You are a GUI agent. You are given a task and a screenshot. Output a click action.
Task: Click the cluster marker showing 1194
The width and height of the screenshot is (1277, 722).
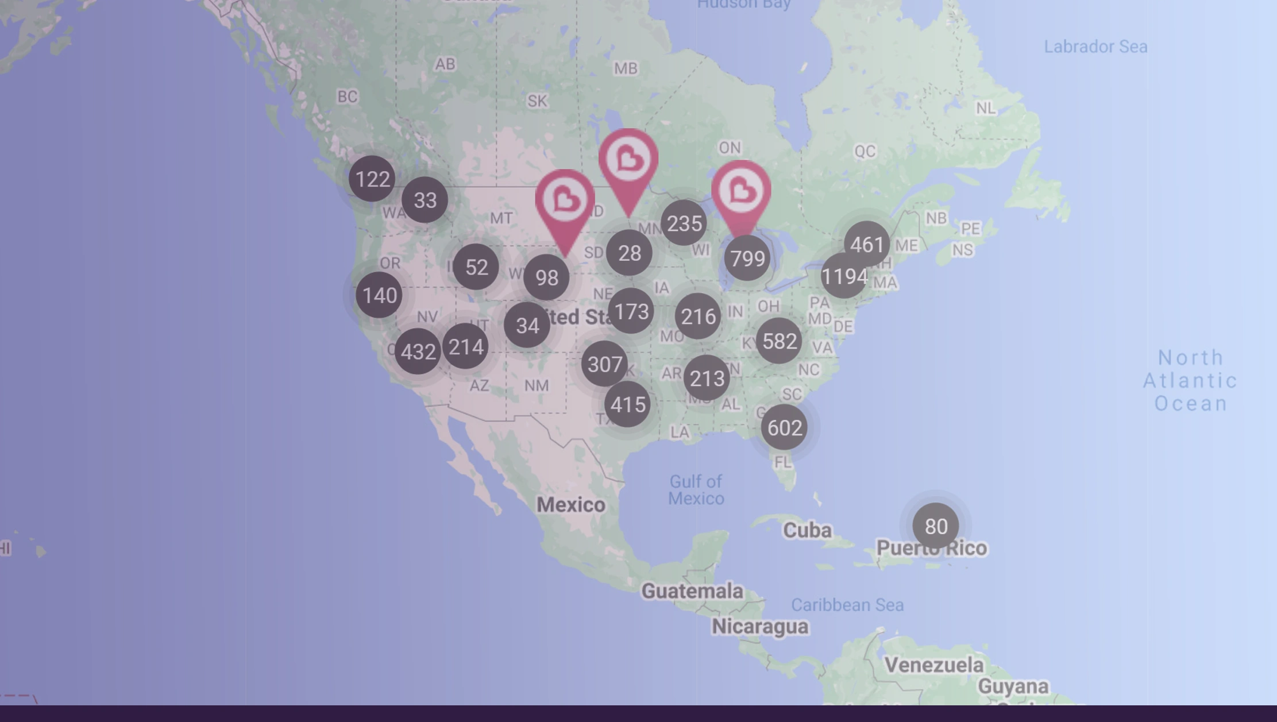844,277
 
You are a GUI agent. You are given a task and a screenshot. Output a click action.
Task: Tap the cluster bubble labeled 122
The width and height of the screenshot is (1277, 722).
372,179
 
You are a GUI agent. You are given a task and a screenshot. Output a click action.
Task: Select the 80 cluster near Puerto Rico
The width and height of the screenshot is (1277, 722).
935,526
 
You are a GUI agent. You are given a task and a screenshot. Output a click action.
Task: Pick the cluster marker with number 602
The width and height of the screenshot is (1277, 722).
784,428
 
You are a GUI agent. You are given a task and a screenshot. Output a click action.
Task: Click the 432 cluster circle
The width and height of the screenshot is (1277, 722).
418,352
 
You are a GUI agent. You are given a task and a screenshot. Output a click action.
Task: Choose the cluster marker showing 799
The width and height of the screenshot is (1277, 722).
747,258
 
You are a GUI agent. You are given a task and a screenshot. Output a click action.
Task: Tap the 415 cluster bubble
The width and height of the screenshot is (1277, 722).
627,404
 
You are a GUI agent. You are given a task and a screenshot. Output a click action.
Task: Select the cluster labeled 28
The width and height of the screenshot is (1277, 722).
629,253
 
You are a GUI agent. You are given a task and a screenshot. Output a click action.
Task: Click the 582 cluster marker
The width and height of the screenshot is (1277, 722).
779,341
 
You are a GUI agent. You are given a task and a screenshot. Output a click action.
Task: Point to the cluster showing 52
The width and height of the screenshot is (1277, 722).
476,267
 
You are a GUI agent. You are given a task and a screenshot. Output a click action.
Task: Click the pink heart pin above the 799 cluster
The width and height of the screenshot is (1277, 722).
741,192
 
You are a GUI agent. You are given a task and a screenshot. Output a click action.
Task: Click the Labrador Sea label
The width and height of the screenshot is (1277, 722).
1095,47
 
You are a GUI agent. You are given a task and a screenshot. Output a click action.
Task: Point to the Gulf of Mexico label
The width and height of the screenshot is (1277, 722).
696,490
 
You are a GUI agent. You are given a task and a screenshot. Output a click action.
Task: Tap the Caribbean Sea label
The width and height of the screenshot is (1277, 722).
847,605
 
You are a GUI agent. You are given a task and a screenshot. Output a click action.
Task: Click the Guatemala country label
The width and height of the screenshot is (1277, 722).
692,590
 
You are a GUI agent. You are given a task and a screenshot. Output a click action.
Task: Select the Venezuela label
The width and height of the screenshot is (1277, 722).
934,665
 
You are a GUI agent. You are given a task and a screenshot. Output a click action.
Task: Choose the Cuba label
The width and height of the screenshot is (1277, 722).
807,530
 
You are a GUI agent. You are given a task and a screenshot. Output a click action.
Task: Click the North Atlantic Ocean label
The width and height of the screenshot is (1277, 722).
1190,380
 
